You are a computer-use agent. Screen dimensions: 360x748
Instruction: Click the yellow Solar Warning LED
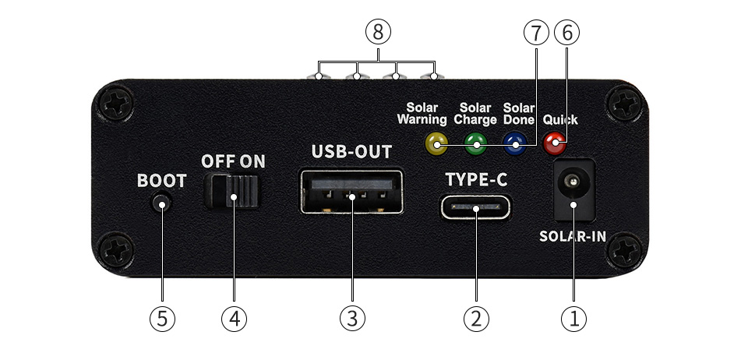click(435, 143)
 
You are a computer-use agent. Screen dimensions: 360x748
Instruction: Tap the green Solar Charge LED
click(475, 143)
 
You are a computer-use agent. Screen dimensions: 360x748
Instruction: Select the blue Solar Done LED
click(514, 143)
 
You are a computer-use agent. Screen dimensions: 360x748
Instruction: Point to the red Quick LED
click(555, 143)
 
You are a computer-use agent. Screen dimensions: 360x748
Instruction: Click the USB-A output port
click(352, 192)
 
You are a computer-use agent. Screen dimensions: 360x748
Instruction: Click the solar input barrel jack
click(573, 188)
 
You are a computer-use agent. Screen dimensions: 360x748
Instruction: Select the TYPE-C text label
click(476, 180)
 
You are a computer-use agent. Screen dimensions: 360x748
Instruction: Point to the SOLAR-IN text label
click(573, 237)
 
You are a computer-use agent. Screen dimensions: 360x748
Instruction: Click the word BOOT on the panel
click(162, 182)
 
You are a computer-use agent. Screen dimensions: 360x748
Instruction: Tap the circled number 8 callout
click(377, 32)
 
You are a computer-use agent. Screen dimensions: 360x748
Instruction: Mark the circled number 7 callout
click(535, 32)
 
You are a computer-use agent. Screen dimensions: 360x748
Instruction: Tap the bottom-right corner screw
click(626, 252)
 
